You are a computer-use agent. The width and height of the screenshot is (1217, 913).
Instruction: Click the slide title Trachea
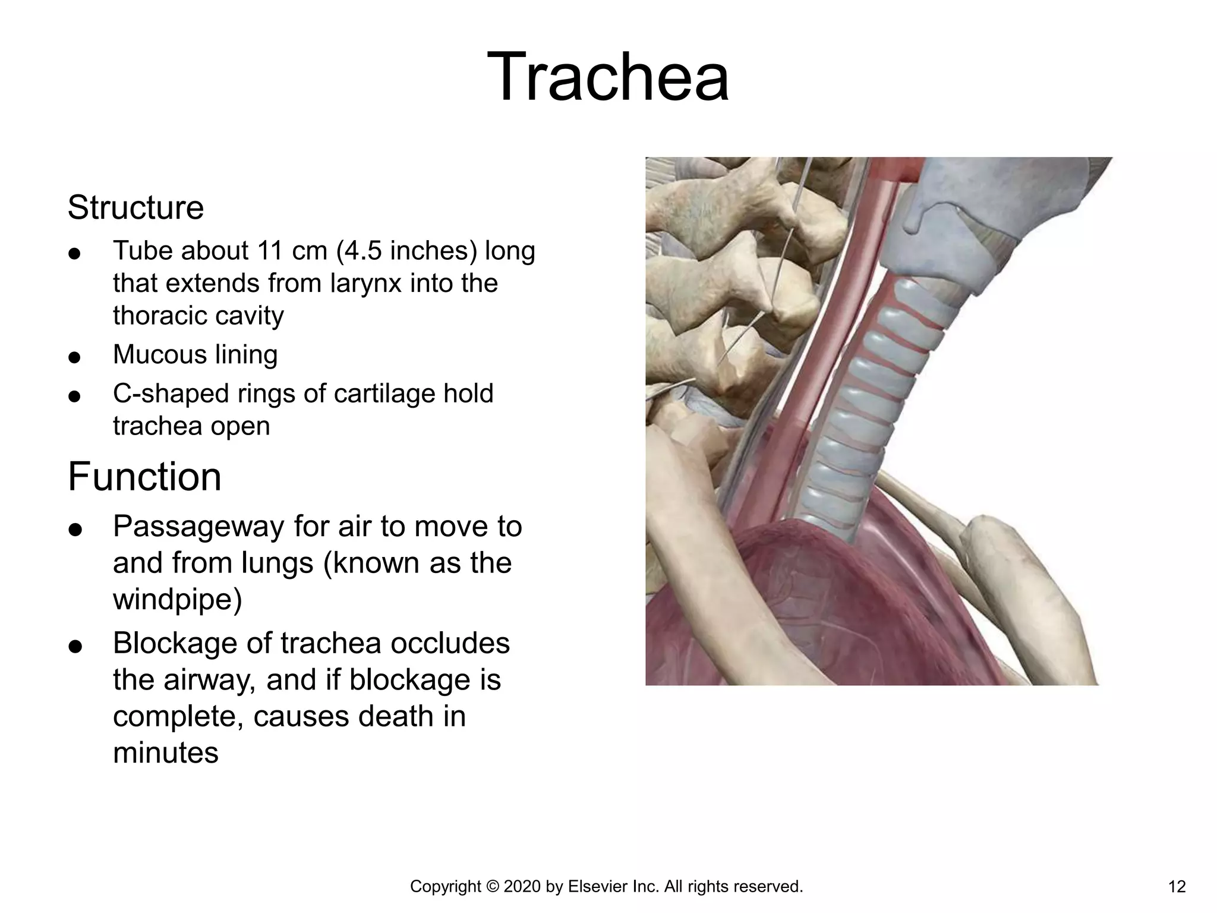607,77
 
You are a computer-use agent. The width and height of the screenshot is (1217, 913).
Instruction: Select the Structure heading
135,207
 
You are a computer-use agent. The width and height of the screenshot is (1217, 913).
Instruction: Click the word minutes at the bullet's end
166,753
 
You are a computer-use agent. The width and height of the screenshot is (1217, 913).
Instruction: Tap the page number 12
1177,887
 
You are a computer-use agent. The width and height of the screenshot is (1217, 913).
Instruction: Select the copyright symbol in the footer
493,887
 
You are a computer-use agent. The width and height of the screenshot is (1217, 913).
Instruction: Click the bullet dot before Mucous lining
74,357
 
